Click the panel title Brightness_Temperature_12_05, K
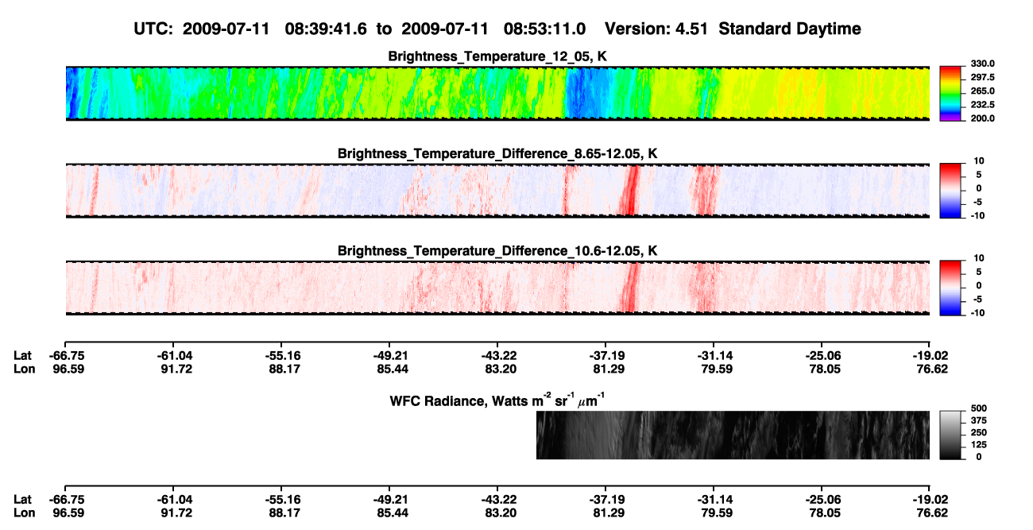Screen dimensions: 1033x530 click(497, 56)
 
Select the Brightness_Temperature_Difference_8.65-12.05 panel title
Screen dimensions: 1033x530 click(497, 153)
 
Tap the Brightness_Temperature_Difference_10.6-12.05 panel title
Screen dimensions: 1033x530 click(497, 251)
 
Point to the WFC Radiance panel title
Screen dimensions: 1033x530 click(497, 400)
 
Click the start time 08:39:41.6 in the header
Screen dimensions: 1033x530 click(326, 29)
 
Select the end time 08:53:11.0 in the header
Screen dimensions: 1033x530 click(544, 29)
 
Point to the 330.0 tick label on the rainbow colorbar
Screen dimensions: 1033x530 click(982, 64)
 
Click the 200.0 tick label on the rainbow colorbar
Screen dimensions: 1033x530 click(982, 118)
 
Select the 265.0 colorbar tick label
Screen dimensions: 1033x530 click(982, 91)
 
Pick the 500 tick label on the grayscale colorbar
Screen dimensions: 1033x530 click(979, 408)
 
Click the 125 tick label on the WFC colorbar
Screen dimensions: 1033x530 click(979, 445)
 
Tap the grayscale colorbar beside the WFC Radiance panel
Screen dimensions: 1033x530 click(950, 435)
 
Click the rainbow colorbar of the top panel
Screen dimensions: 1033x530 click(950, 94)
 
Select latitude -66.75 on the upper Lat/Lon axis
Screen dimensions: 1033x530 click(67, 356)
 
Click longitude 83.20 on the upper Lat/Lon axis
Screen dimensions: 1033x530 click(501, 369)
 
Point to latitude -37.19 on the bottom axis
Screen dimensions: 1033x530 click(607, 499)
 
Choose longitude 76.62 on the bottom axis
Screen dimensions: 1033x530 click(932, 513)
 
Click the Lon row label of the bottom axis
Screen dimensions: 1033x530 click(25, 513)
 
